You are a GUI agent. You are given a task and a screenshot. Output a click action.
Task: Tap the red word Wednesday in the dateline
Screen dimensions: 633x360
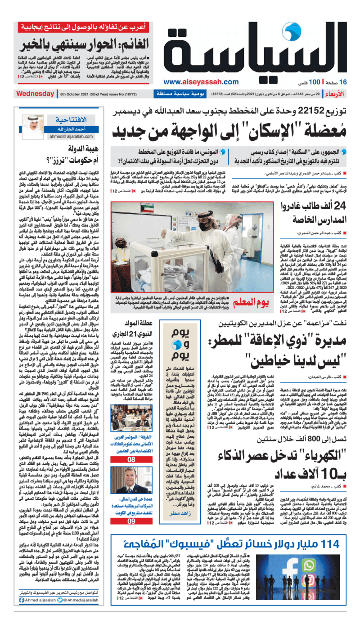coord(35,94)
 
